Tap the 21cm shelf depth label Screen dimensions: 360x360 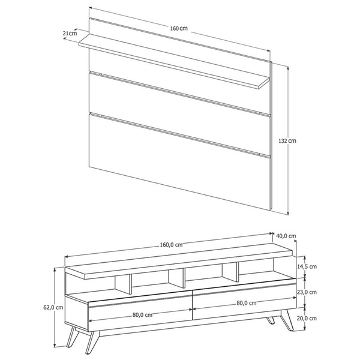[70, 34]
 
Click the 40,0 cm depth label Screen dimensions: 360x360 [285, 236]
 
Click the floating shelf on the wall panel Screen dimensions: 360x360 [174, 64]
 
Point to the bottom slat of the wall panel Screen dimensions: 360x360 [180, 162]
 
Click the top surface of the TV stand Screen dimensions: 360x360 [180, 256]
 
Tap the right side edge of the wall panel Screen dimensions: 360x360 [272, 138]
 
